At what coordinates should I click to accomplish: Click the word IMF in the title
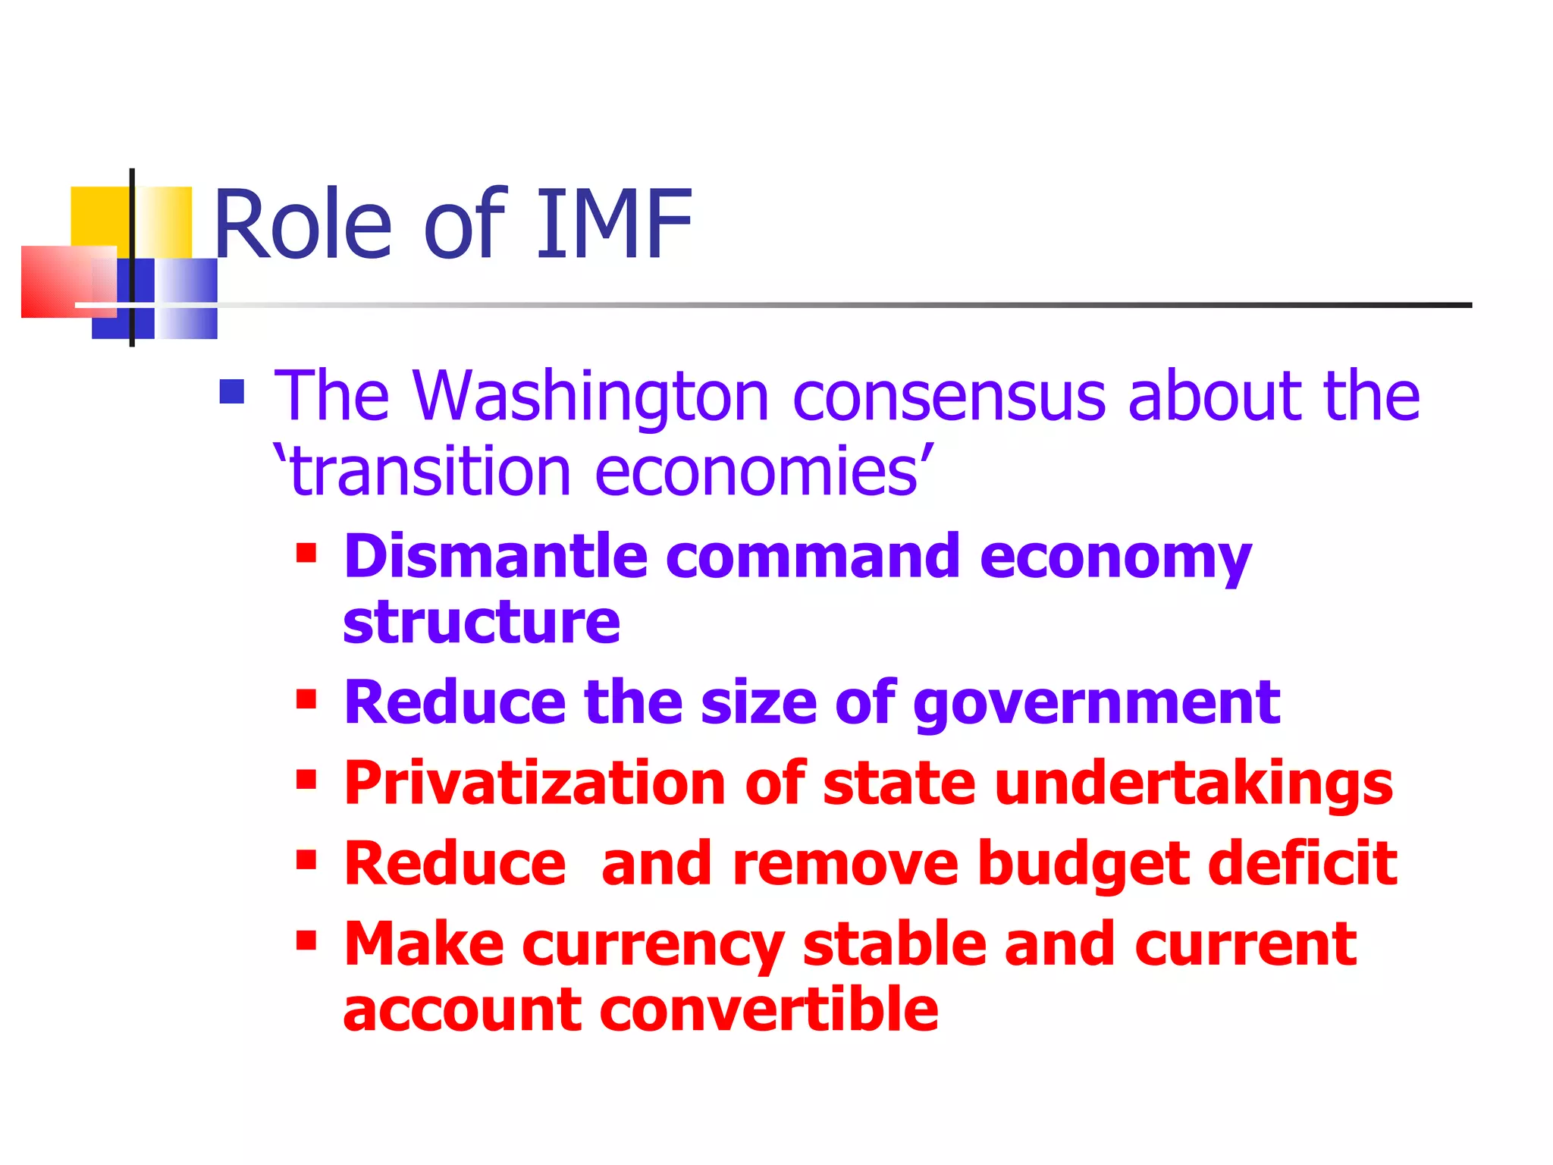pyautogui.click(x=614, y=225)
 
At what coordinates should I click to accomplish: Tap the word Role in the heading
pyautogui.click(x=303, y=225)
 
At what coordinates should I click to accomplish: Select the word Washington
pyautogui.click(x=591, y=396)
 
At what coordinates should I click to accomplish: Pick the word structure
pyautogui.click(x=482, y=622)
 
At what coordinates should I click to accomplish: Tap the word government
pyautogui.click(x=1097, y=704)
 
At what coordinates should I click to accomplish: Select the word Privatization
pyautogui.click(x=535, y=783)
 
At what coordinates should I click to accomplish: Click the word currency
pyautogui.click(x=653, y=946)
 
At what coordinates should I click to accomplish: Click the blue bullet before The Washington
pyautogui.click(x=232, y=392)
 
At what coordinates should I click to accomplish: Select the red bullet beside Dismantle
pyautogui.click(x=306, y=553)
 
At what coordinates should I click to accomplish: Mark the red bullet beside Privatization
pyautogui.click(x=306, y=779)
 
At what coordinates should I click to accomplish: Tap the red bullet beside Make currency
pyautogui.click(x=306, y=940)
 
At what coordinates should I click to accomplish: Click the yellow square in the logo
pyautogui.click(x=99, y=216)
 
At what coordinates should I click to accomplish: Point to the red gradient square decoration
pyautogui.click(x=57, y=282)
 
